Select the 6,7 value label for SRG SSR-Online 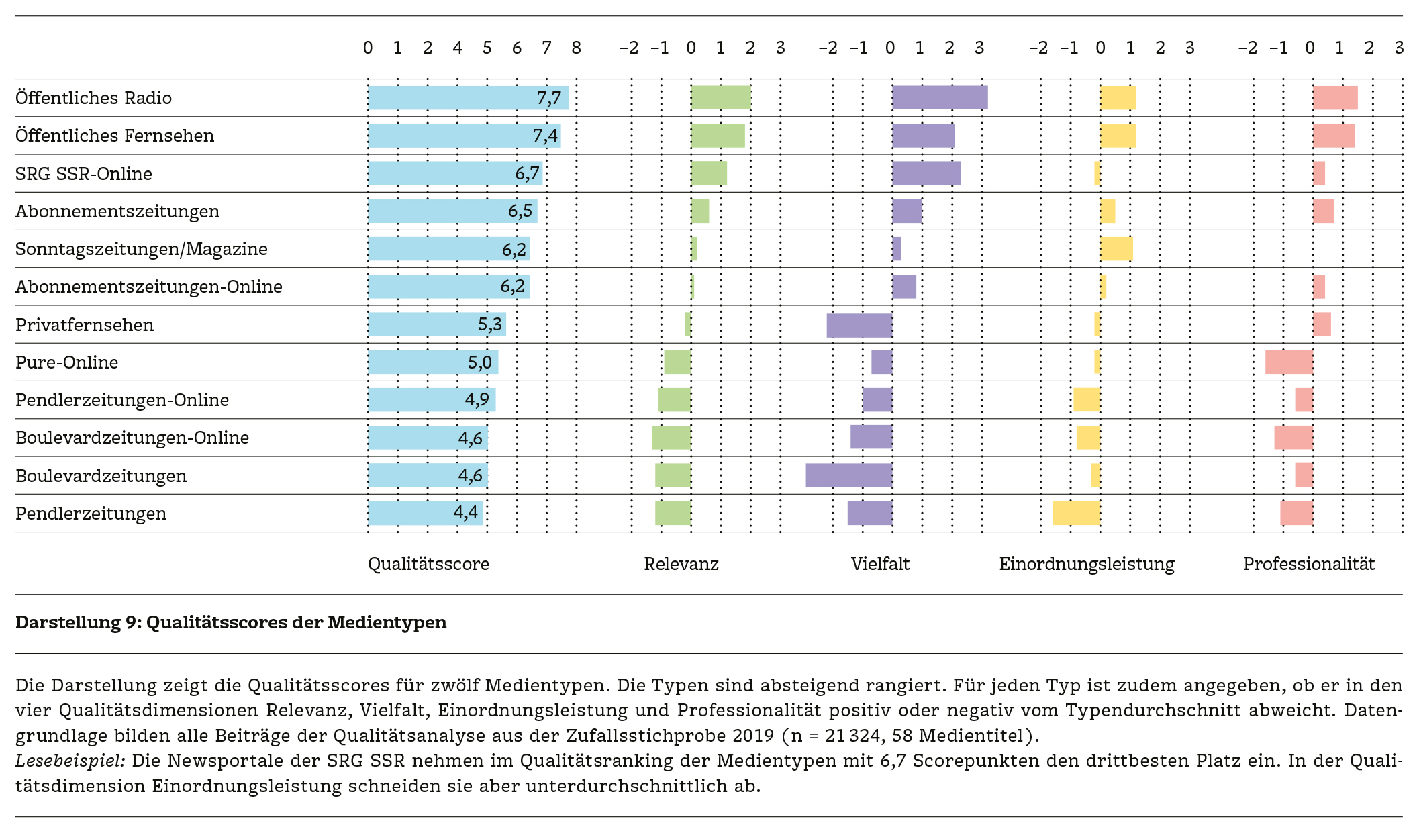click(x=527, y=174)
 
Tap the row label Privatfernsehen click(x=85, y=325)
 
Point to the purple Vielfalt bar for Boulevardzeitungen click(x=848, y=475)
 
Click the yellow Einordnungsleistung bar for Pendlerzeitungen click(x=1076, y=513)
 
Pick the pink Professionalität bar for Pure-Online click(x=1289, y=362)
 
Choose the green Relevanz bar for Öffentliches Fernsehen click(x=718, y=136)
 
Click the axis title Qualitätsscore click(x=428, y=564)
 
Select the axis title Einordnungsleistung click(x=1086, y=564)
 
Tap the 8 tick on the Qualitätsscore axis click(x=576, y=48)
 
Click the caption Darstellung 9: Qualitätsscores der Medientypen click(x=231, y=622)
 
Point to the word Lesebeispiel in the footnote click(x=70, y=761)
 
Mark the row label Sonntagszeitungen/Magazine click(x=141, y=249)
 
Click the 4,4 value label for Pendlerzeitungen click(x=466, y=513)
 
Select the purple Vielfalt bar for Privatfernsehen click(x=859, y=325)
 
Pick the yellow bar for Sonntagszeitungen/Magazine click(x=1116, y=249)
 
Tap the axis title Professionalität click(x=1308, y=564)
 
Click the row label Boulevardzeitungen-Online click(x=132, y=438)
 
